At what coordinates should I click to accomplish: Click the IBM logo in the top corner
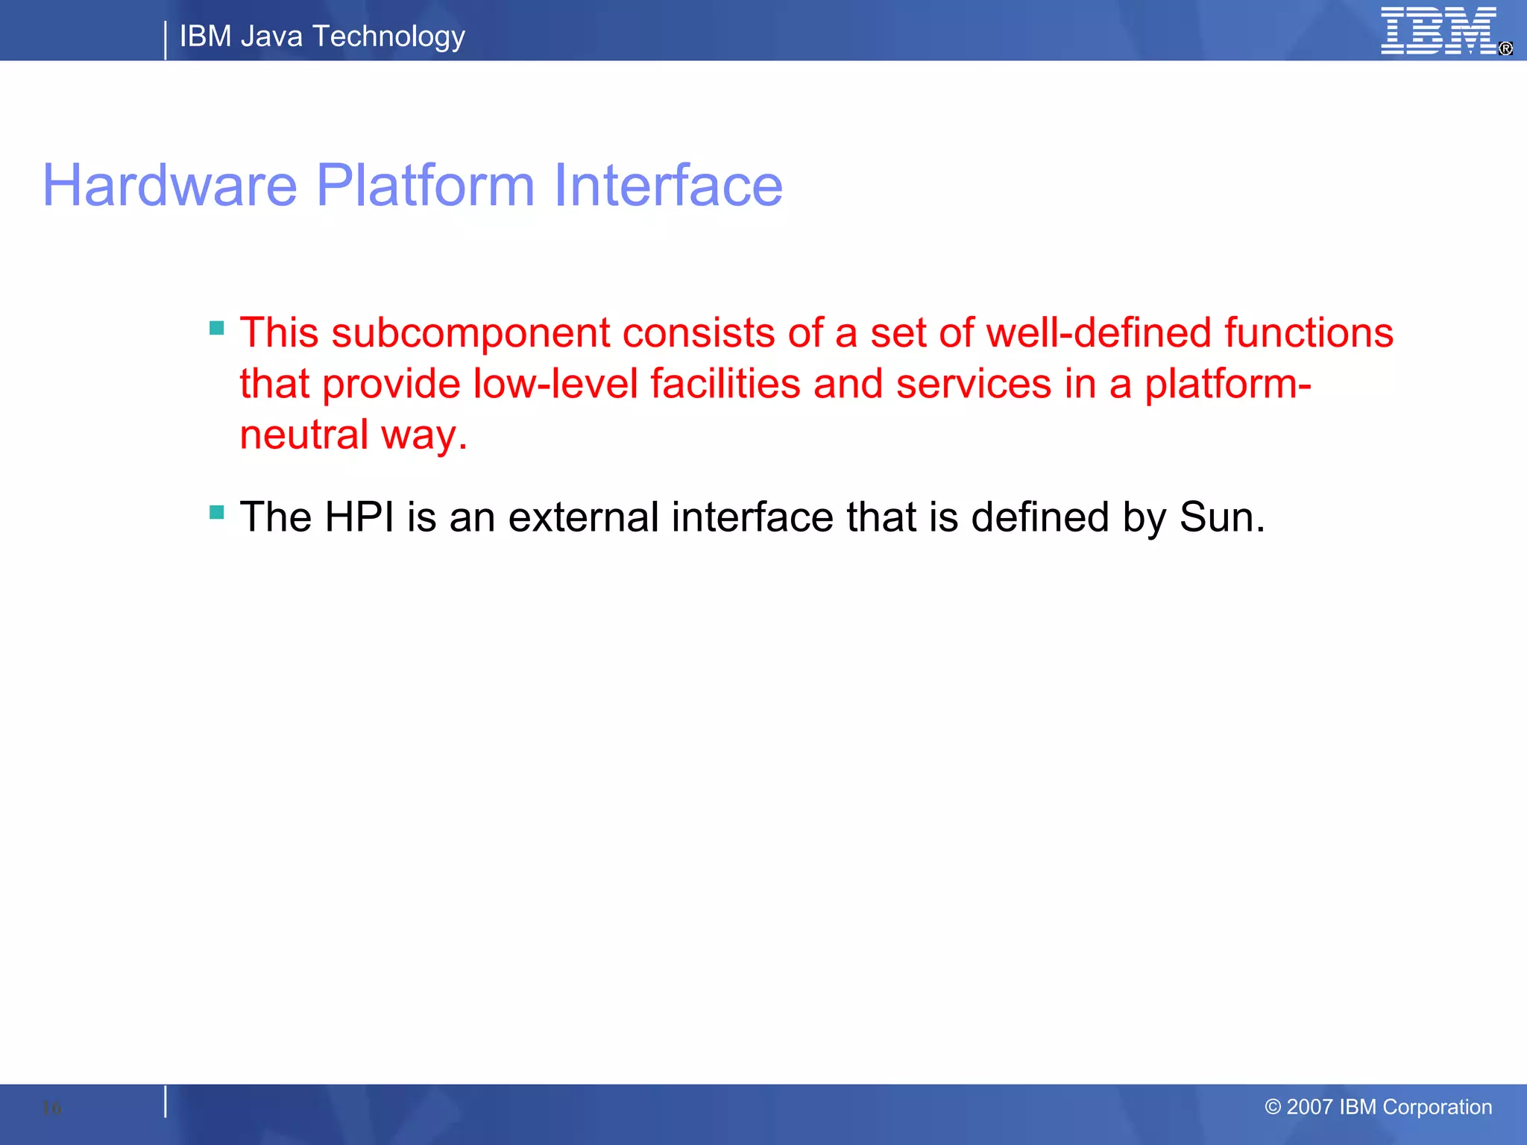tap(1439, 31)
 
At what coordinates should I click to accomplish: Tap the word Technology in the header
tap(388, 37)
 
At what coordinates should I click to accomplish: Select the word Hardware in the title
tap(170, 186)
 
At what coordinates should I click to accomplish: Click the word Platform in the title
tap(425, 186)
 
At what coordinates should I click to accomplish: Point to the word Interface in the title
tap(668, 186)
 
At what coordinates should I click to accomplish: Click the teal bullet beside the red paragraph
tap(217, 328)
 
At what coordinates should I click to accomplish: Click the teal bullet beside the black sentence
tap(217, 512)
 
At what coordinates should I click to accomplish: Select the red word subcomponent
tap(470, 333)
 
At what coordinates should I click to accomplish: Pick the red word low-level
tap(555, 384)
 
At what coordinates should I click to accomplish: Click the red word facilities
tap(725, 384)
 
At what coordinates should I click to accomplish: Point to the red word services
tap(974, 384)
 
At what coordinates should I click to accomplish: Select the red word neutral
tap(303, 435)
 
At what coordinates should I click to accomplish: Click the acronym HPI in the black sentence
tap(359, 517)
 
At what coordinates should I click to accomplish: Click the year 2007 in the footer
tap(1309, 1107)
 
